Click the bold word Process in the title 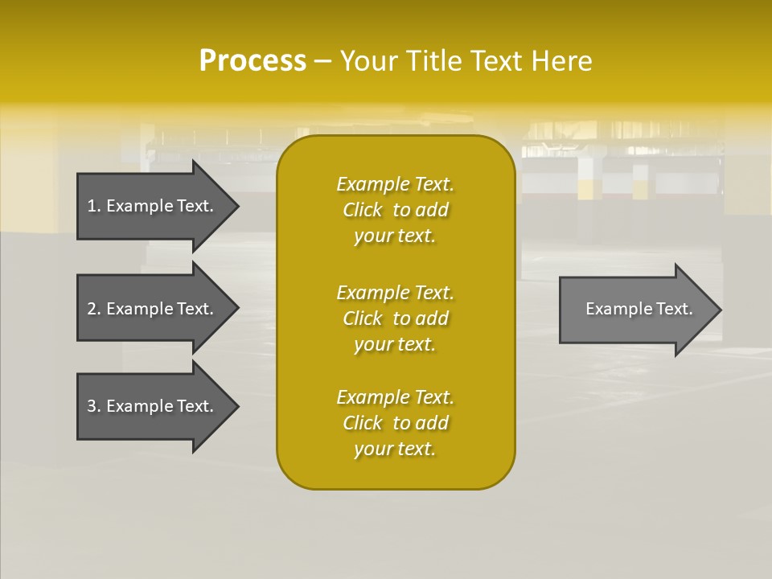253,61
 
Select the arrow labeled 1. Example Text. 150,206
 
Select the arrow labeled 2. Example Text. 150,309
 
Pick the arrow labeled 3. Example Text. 150,406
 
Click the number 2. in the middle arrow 94,309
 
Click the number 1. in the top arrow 94,206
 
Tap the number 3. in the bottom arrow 94,406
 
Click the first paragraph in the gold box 395,210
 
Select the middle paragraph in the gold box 395,318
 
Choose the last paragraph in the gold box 395,423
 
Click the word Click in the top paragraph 362,210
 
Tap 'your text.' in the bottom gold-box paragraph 395,449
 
